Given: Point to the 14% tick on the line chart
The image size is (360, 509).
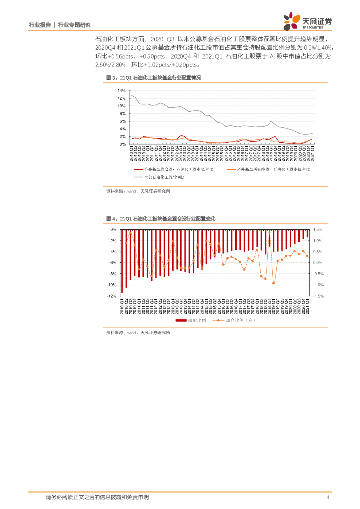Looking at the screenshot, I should coord(121,91).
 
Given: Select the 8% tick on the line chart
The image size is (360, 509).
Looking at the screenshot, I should coord(122,114).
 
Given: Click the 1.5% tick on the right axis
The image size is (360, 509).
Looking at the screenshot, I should coord(318,230).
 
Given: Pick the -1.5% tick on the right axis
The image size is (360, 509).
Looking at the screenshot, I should coord(318,296).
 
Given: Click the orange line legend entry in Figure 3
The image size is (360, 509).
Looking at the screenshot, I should coord(268,170).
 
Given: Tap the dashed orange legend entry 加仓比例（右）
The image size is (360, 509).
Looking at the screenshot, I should coord(234,320).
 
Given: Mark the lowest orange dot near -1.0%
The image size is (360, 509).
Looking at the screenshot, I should coord(273,283).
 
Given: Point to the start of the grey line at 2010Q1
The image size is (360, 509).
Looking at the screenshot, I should coord(131,95).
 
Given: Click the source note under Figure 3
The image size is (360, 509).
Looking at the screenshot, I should coord(138,191).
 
